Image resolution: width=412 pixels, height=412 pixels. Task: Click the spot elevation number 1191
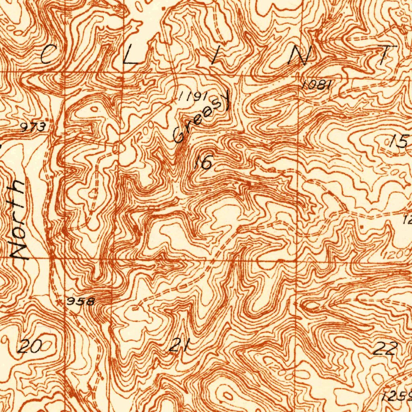pyautogui.click(x=193, y=96)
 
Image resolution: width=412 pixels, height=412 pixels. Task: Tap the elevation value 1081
pyautogui.click(x=316, y=85)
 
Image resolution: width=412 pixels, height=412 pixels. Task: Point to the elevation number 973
pyautogui.click(x=33, y=128)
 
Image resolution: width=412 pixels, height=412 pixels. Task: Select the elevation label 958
pyautogui.click(x=80, y=301)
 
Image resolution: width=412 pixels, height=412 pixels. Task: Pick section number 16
pyautogui.click(x=203, y=162)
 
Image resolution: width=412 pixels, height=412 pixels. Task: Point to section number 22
pyautogui.click(x=385, y=348)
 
